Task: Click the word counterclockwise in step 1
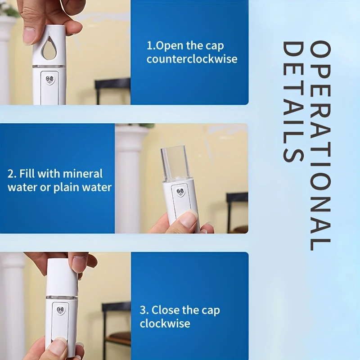(192, 59)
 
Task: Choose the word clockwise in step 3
(165, 324)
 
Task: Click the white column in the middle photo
(131, 180)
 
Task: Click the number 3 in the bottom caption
(143, 310)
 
